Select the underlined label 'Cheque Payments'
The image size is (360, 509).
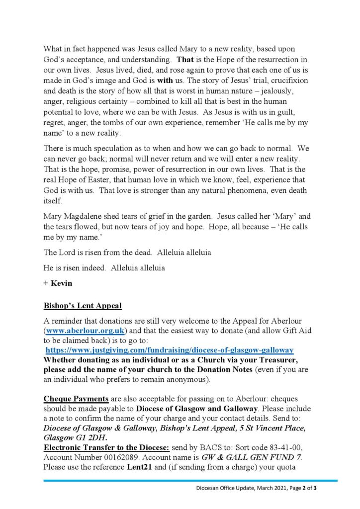[76, 399]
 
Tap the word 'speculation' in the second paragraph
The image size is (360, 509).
[109, 149]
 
